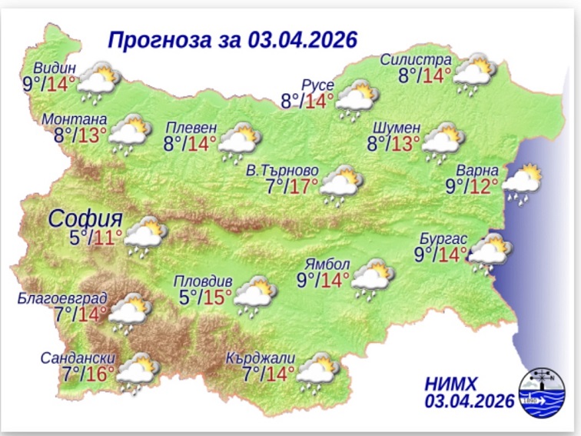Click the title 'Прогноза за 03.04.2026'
point(233,39)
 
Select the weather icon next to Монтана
point(128,136)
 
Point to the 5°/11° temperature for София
point(96,237)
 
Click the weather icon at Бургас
point(490,254)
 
